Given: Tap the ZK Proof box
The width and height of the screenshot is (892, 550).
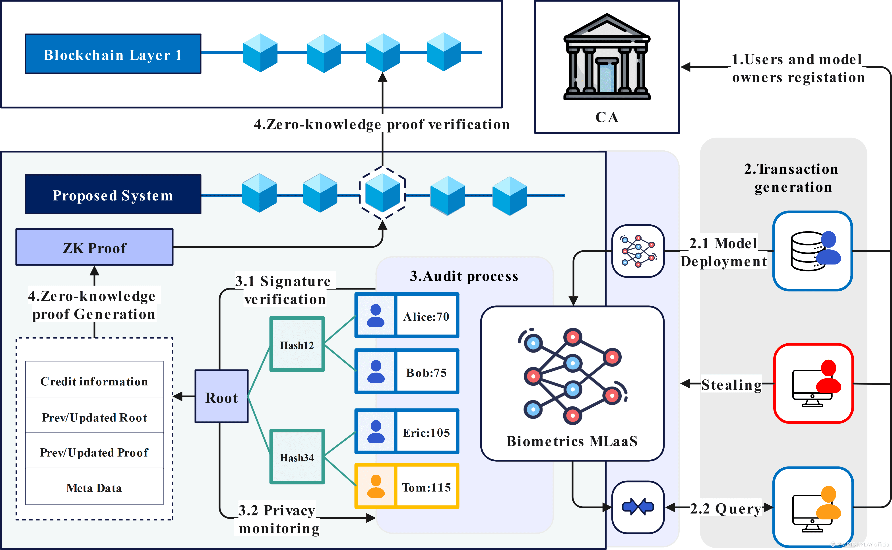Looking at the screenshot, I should tap(95, 247).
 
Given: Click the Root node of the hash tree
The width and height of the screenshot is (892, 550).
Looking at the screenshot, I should tap(221, 396).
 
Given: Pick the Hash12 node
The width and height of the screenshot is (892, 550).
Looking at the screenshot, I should tap(297, 344).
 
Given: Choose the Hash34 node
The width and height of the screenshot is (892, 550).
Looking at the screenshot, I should tap(297, 457).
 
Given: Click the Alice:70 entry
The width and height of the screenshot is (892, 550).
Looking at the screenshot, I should tap(426, 316).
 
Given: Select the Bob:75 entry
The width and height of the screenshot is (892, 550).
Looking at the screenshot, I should tap(426, 372).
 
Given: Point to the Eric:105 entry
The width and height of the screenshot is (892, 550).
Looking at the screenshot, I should tap(426, 432).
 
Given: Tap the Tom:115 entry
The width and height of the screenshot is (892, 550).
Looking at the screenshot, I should tap(426, 486).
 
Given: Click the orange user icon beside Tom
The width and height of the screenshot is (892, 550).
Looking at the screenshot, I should tap(376, 486).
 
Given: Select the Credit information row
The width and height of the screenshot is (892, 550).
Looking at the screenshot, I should tap(94, 381).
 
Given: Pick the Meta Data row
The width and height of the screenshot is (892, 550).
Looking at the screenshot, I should tap(94, 487).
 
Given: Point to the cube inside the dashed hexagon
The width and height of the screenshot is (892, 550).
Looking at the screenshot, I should tap(382, 193).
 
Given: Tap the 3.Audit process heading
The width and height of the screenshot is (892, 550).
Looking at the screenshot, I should tap(464, 276).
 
